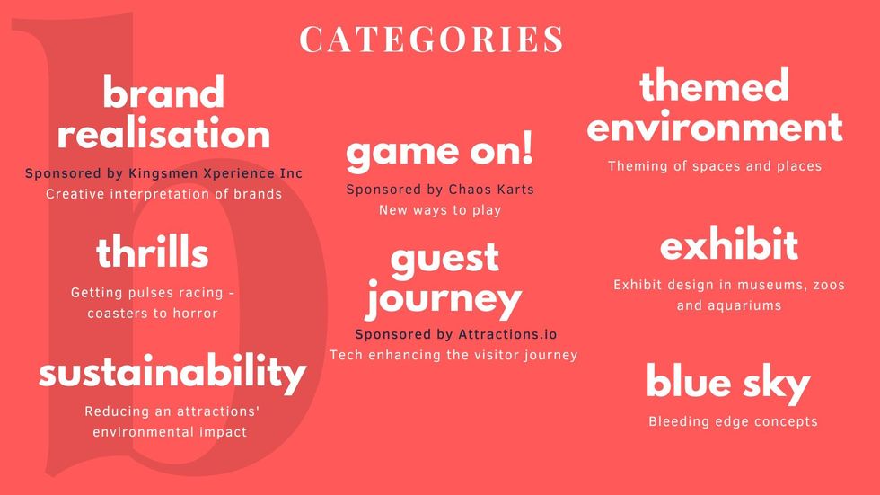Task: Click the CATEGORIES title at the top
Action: click(431, 39)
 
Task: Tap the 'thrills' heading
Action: click(153, 252)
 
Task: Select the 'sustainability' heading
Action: click(172, 374)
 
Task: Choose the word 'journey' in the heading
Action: click(444, 299)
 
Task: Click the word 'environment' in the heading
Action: click(715, 127)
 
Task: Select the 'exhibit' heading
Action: click(729, 243)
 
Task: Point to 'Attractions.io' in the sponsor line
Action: click(507, 334)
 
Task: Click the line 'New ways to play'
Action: click(440, 210)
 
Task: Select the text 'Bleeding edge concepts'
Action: click(733, 421)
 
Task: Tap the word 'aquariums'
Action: click(749, 305)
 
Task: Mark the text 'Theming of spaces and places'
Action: click(715, 166)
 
